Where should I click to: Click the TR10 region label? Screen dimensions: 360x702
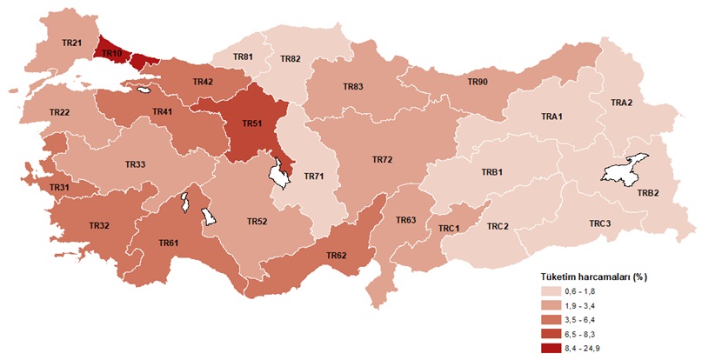click(x=111, y=54)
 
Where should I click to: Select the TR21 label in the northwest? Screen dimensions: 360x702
click(x=72, y=43)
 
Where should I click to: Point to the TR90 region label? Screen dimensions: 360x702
click(x=478, y=82)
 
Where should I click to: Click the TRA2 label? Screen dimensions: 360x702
click(x=621, y=103)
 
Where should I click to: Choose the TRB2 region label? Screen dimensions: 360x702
click(x=648, y=193)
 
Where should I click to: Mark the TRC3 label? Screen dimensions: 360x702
click(x=599, y=224)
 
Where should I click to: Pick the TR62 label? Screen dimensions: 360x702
click(x=337, y=255)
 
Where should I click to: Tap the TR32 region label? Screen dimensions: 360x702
click(x=98, y=226)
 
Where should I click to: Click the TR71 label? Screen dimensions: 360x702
click(x=313, y=177)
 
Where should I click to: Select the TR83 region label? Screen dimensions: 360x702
click(x=352, y=87)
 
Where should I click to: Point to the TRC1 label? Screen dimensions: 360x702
click(x=448, y=228)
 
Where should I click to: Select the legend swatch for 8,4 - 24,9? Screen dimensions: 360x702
click(x=553, y=348)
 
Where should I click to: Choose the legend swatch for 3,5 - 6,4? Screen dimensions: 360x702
click(x=553, y=320)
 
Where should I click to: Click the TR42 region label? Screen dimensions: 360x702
click(x=203, y=82)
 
